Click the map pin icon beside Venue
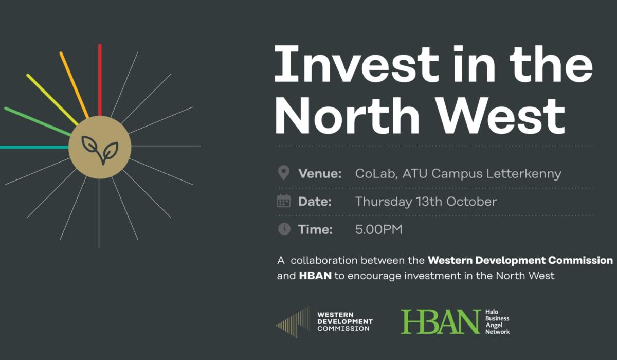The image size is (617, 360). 283,173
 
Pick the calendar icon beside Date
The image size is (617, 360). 283,201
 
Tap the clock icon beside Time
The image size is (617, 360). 284,229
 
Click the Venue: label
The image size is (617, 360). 319,174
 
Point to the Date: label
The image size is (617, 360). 315,202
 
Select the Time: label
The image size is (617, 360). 315,229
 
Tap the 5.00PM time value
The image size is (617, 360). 378,229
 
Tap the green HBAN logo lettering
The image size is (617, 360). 441,321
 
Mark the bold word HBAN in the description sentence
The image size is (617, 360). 315,276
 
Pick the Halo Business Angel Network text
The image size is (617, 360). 497,322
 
